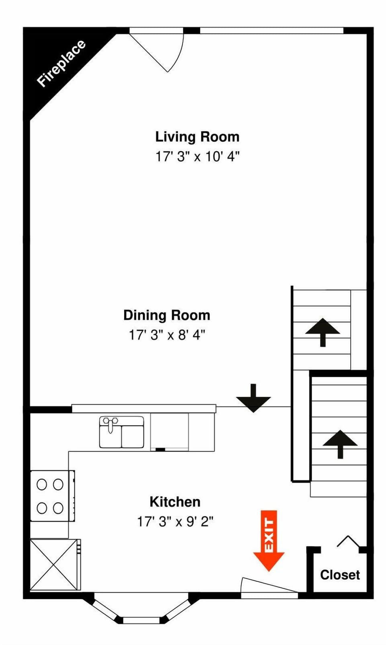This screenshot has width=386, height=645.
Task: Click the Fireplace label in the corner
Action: tap(61, 63)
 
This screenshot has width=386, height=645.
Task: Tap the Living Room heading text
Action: tap(197, 137)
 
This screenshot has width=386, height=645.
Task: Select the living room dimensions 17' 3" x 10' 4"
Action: tap(197, 157)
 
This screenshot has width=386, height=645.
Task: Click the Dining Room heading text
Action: tap(166, 315)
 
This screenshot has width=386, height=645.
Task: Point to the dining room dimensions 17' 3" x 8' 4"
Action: tap(166, 335)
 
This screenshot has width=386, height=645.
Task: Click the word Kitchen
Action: tap(175, 502)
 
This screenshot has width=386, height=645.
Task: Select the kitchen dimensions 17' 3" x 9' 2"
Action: tap(175, 522)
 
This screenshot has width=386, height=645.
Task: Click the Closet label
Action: tap(340, 575)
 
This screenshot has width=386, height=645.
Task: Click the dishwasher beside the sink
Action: tap(169, 432)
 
